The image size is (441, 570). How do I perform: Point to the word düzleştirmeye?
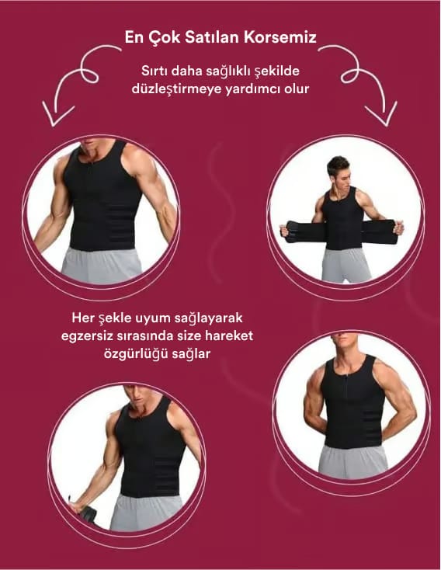tap(177, 89)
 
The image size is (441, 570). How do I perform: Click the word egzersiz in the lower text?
tap(86, 336)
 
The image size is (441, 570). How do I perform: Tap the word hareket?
tap(229, 335)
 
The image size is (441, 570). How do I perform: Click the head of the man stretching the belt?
tap(338, 172)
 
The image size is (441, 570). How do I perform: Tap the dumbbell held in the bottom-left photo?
tap(86, 513)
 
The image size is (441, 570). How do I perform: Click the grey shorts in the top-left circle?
tap(102, 266)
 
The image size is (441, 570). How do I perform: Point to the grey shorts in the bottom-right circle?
tap(353, 461)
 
